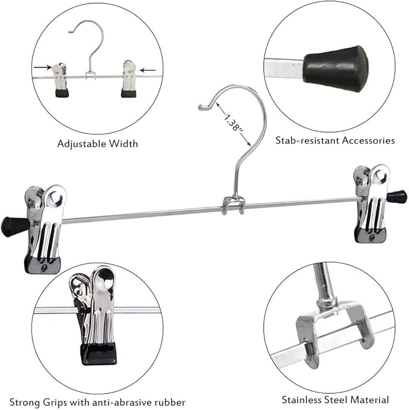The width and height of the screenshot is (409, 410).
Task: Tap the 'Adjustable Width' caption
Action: point(98,143)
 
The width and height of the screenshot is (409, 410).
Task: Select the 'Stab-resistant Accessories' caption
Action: point(335,140)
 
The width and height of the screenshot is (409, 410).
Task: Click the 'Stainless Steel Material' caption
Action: point(335,399)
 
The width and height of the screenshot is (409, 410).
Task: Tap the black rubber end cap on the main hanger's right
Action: point(396,196)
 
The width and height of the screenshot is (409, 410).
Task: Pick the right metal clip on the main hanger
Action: point(372,203)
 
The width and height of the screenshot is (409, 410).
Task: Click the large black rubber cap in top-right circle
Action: point(336,67)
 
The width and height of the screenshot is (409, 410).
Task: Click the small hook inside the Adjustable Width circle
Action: point(93,45)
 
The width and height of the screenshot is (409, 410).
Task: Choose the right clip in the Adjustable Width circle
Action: point(129,78)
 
